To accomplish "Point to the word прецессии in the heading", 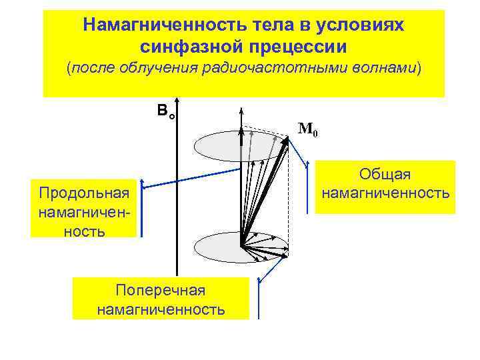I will click(x=297, y=47).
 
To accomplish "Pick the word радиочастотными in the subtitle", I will click(x=267, y=69).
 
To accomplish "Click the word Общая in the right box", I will click(x=385, y=175).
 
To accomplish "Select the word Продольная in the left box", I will click(x=83, y=193).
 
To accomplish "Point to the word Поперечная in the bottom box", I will click(x=160, y=291).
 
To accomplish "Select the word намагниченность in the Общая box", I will click(x=385, y=194).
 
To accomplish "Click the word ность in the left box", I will click(x=83, y=231).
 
